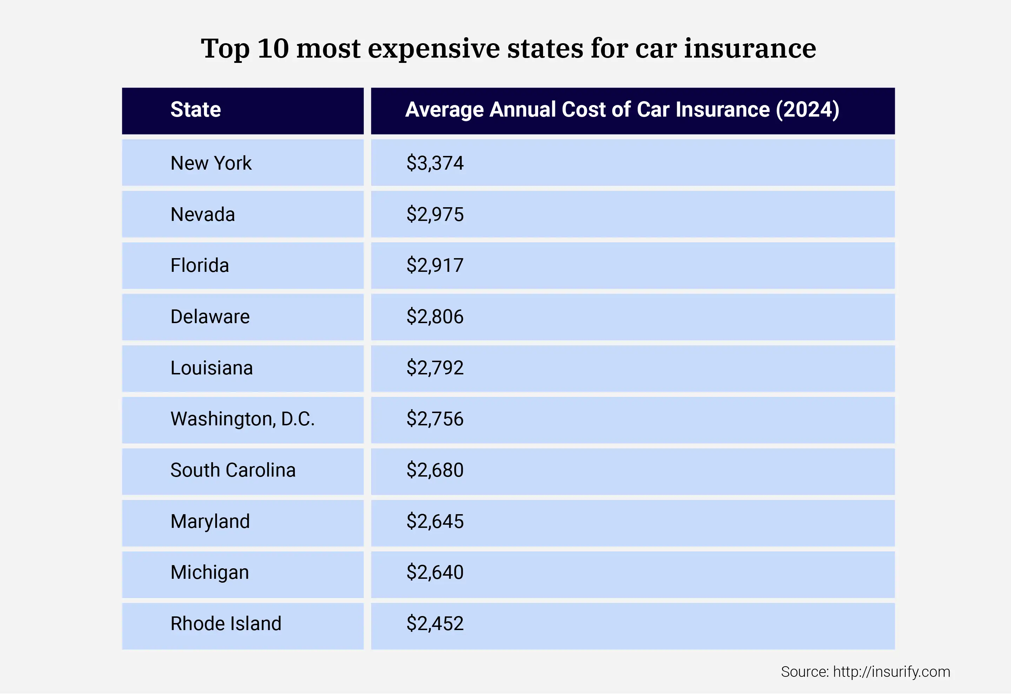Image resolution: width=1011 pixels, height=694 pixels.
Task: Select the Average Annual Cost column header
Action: pos(622,110)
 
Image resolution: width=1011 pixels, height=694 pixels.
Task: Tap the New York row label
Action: pos(211,163)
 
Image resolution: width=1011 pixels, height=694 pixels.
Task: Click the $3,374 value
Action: pos(435,163)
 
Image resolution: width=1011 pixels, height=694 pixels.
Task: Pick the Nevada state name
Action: pos(203,215)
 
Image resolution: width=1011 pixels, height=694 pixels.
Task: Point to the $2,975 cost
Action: pos(435,215)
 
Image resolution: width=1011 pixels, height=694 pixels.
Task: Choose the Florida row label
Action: pos(200,266)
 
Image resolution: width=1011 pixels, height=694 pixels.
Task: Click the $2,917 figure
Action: pos(435,266)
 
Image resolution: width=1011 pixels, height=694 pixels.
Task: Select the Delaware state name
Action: pos(210,317)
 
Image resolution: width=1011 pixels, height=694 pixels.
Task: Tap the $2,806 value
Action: pos(435,317)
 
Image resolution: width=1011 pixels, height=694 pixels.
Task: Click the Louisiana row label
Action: pos(211,368)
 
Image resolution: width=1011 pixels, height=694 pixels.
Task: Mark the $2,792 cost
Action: pos(435,368)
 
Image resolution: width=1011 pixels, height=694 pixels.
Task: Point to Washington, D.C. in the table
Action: pos(242,419)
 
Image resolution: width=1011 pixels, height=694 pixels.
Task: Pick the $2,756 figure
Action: pos(435,419)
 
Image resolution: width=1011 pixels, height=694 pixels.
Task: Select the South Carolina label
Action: pos(233,470)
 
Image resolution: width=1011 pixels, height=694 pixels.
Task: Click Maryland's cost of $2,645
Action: pos(435,521)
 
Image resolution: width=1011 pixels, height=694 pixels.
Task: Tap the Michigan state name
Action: pos(210,572)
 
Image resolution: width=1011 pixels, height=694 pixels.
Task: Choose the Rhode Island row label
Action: pos(226,624)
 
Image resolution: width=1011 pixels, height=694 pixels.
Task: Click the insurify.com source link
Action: pos(891,672)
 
